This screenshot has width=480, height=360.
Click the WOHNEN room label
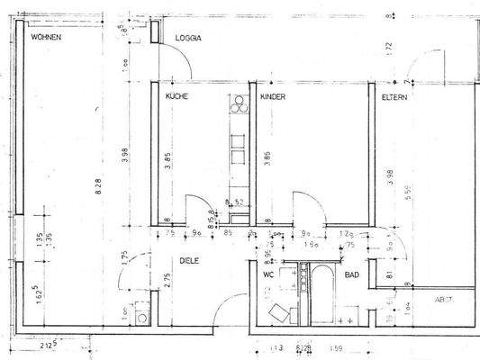click(48, 40)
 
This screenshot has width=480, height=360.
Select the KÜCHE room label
click(175, 94)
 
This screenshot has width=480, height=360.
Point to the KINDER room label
click(272, 94)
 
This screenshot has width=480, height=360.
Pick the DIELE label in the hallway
click(187, 260)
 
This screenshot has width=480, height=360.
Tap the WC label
click(269, 274)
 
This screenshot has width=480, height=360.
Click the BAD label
click(351, 275)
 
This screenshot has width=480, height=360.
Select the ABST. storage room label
click(444, 300)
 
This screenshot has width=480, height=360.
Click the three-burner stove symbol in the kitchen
click(239, 106)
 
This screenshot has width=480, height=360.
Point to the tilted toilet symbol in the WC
click(279, 312)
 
